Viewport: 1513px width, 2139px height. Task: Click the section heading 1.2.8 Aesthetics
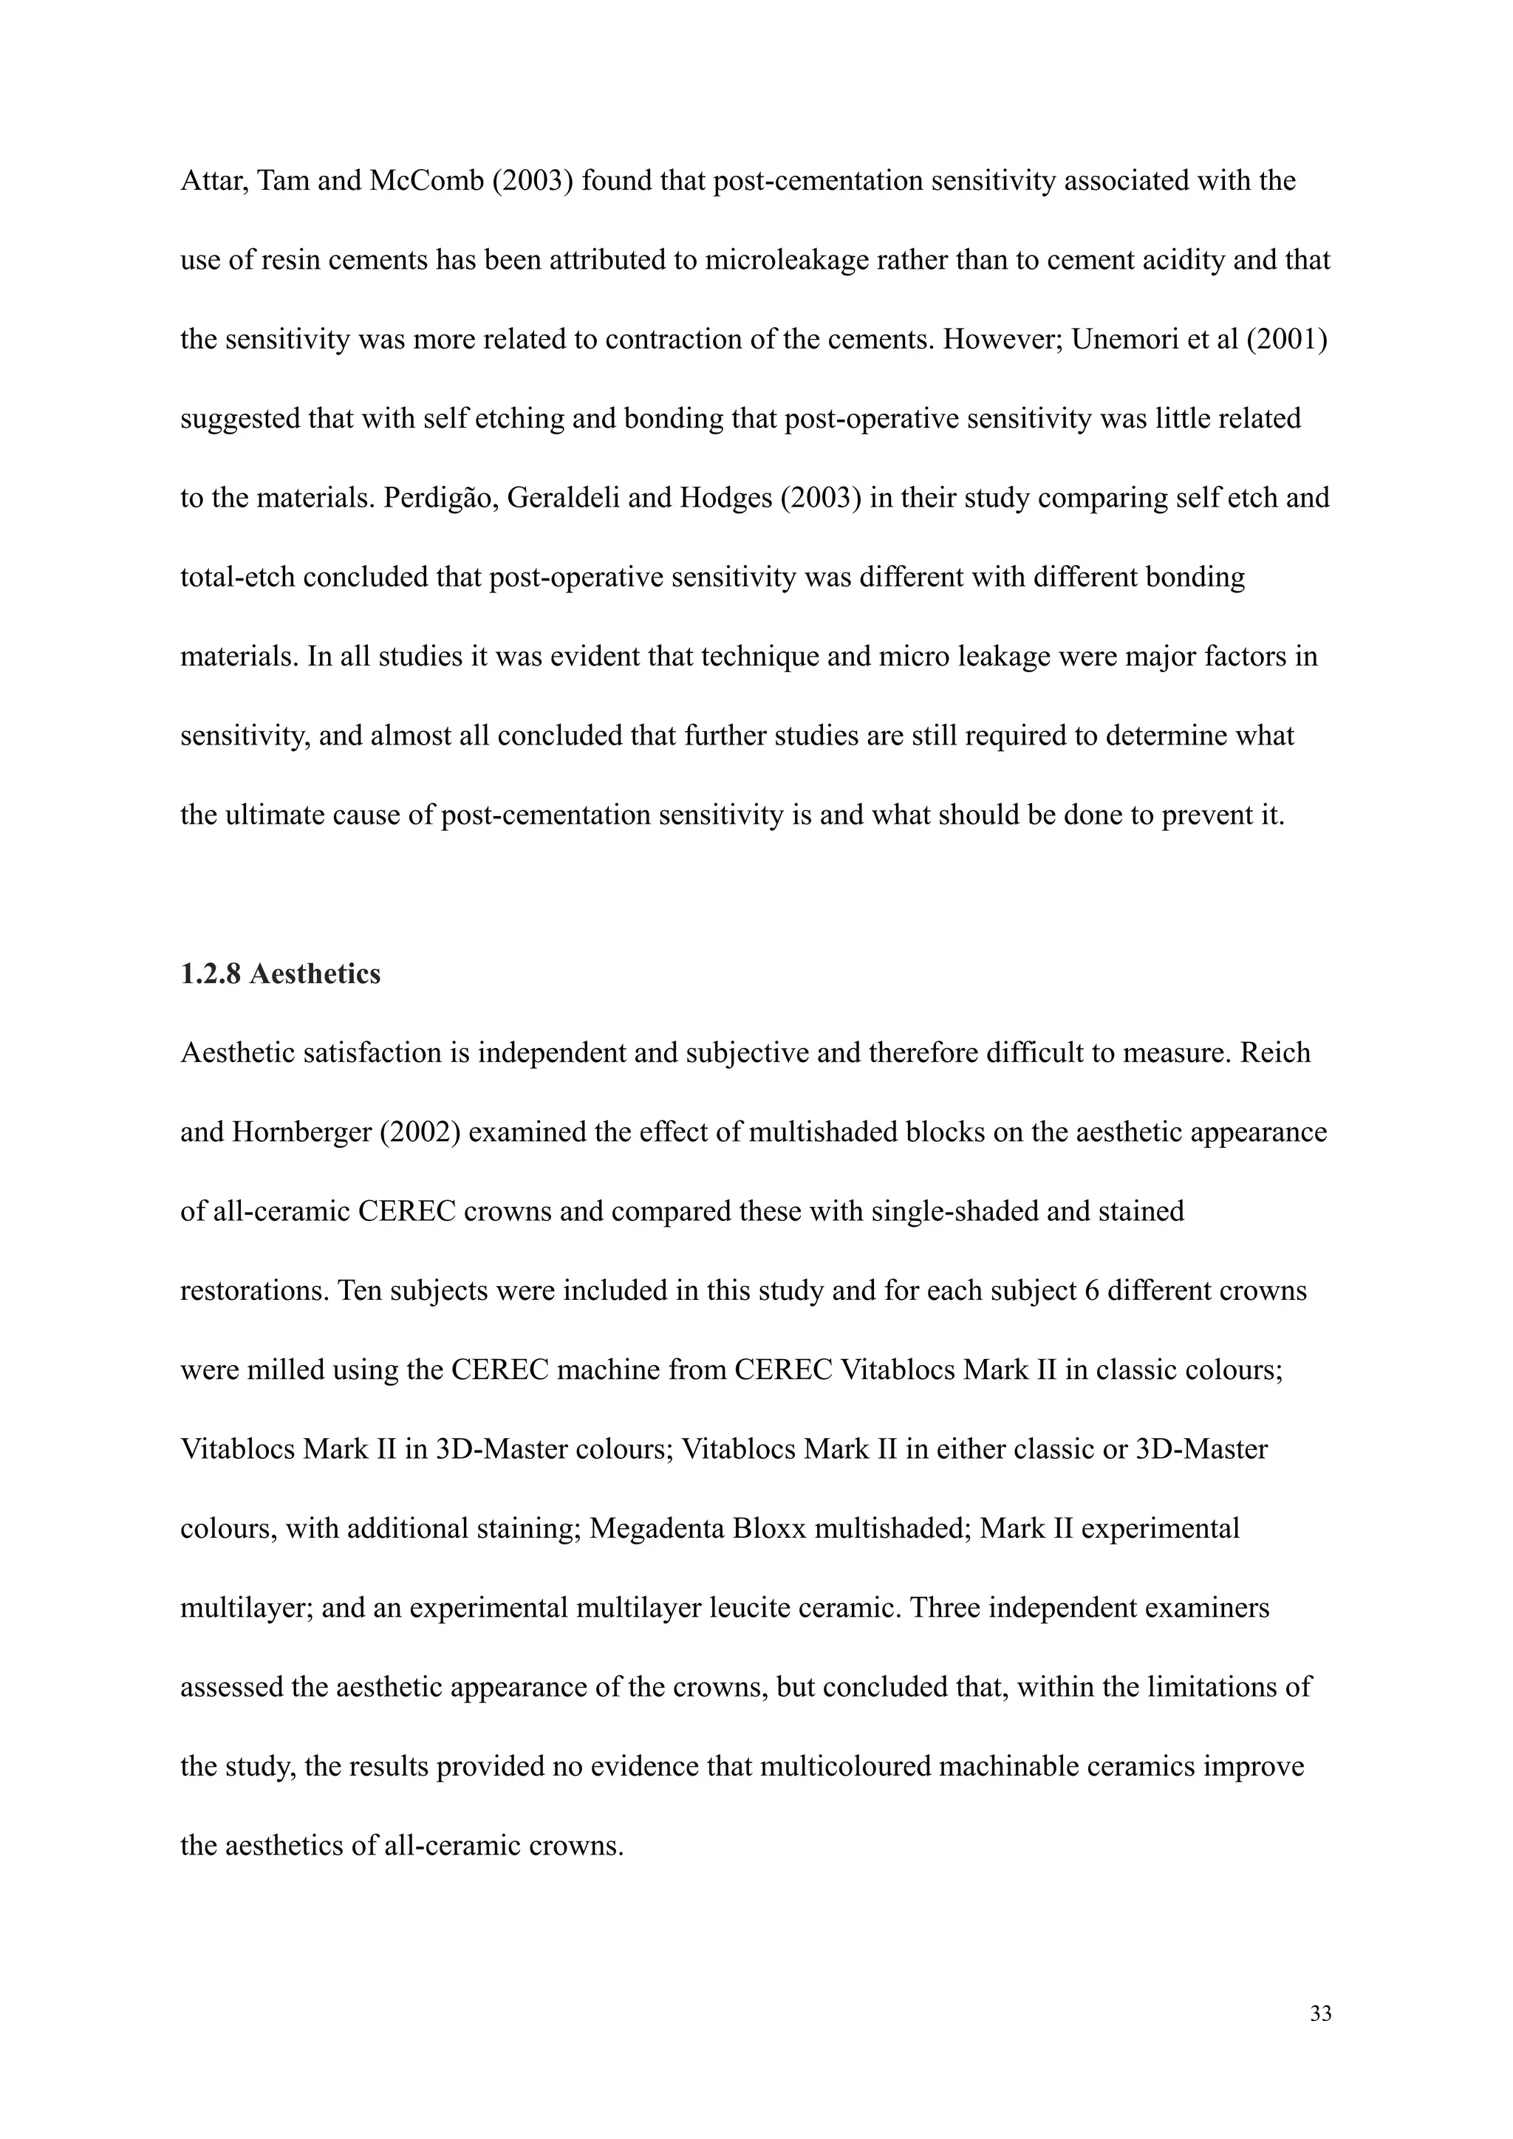tap(281, 974)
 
